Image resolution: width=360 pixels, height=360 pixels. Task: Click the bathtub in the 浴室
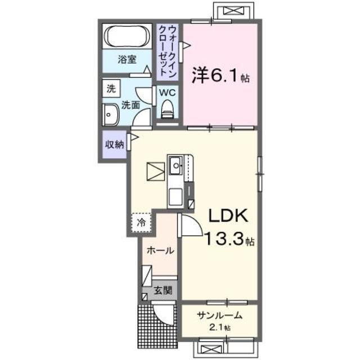tap(127, 38)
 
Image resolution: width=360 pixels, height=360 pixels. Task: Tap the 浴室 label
tap(127, 59)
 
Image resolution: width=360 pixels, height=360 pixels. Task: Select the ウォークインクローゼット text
tap(168, 51)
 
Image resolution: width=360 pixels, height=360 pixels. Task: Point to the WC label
tap(167, 92)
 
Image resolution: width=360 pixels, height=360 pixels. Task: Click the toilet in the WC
tap(167, 109)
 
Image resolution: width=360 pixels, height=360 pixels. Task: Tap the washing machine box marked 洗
tap(111, 88)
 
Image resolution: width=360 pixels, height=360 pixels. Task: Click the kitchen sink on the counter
tap(175, 165)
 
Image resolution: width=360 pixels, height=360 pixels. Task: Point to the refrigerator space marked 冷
tap(142, 222)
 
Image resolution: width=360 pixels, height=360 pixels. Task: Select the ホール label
tap(160, 251)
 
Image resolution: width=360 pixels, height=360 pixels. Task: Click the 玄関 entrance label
tap(164, 291)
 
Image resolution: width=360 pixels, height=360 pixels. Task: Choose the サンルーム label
tap(219, 316)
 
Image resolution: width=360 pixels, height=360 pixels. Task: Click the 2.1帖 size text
tap(218, 327)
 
